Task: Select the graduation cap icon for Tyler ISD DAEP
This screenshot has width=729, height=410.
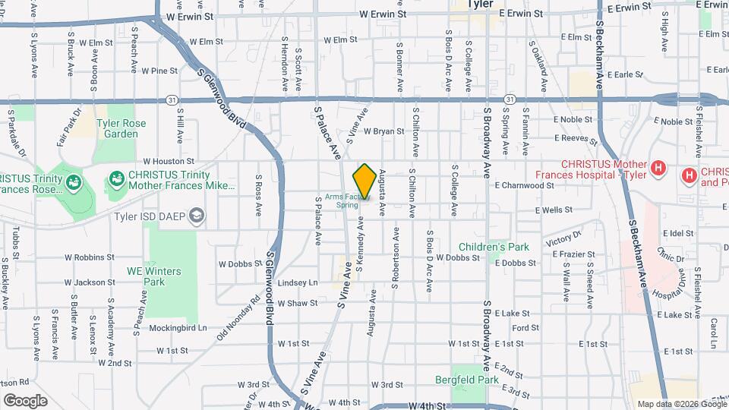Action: (x=197, y=216)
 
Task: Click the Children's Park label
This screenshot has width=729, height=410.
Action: (x=493, y=248)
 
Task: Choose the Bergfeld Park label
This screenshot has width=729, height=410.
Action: (x=466, y=379)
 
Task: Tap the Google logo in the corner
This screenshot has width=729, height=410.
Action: (x=25, y=400)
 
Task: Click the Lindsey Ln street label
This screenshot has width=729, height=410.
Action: (x=298, y=282)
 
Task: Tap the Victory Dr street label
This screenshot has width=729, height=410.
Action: (x=562, y=242)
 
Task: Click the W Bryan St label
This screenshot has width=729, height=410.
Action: (x=383, y=131)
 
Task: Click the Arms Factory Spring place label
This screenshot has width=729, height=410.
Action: (x=342, y=201)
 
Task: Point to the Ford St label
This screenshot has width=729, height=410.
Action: (x=525, y=328)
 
